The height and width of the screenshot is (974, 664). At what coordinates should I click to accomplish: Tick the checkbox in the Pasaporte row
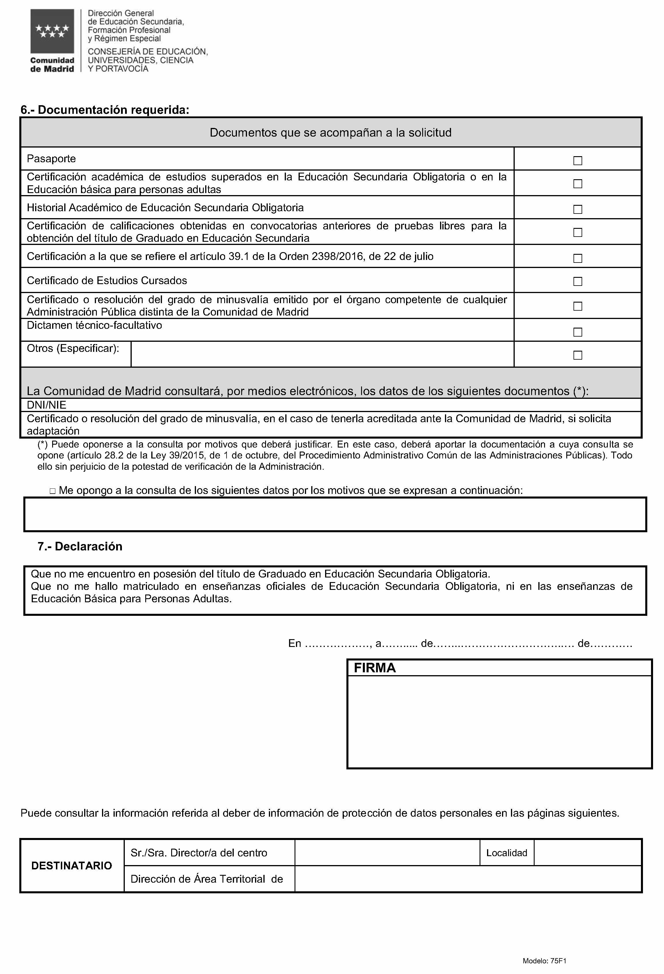tap(577, 161)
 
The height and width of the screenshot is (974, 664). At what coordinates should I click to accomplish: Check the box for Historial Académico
tap(577, 209)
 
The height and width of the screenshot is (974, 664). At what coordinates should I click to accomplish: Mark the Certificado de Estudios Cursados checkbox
tap(577, 281)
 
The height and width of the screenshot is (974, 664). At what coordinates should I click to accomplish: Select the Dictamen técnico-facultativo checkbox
tap(577, 332)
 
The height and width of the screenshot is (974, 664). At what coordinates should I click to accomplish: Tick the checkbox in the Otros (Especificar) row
tap(577, 355)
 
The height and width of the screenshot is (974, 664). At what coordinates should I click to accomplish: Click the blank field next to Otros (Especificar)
tap(322, 354)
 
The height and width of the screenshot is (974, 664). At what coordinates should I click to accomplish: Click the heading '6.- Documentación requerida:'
tap(105, 110)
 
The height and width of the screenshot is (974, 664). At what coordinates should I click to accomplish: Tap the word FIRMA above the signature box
tap(374, 668)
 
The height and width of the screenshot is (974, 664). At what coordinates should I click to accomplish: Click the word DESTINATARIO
tap(72, 866)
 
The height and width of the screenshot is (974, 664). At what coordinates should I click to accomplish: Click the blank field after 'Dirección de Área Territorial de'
tap(468, 879)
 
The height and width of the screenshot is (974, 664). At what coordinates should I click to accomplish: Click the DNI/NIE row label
tap(46, 405)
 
